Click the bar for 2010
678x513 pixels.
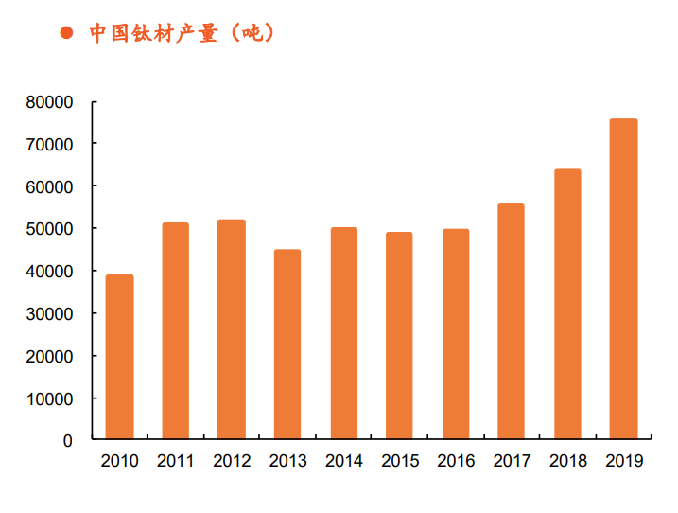pos(119,357)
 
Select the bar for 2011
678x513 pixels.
pos(175,331)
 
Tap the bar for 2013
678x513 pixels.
pos(287,345)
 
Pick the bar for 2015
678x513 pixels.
pos(400,336)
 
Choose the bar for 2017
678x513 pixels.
pos(512,322)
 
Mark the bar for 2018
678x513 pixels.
pos(567,304)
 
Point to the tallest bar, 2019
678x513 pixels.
pos(624,279)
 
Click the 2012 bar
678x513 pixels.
pos(232,329)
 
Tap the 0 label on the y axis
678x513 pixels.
pos(68,441)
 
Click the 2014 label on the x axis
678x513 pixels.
pos(344,462)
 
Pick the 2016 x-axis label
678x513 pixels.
pos(456,462)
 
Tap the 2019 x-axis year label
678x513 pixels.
pos(624,462)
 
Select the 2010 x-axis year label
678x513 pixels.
pos(119,462)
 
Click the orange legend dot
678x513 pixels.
pos(66,33)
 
